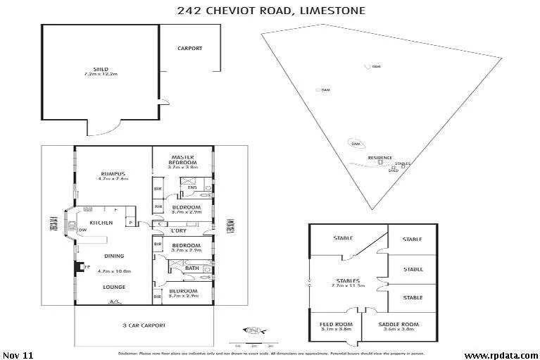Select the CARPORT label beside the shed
[190, 49]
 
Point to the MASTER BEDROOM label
[182, 160]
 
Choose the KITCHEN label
[101, 223]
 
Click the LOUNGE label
[113, 287]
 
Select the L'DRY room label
[178, 230]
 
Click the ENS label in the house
[191, 187]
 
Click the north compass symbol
[253, 330]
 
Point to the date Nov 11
[16, 354]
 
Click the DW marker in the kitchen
[83, 230]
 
